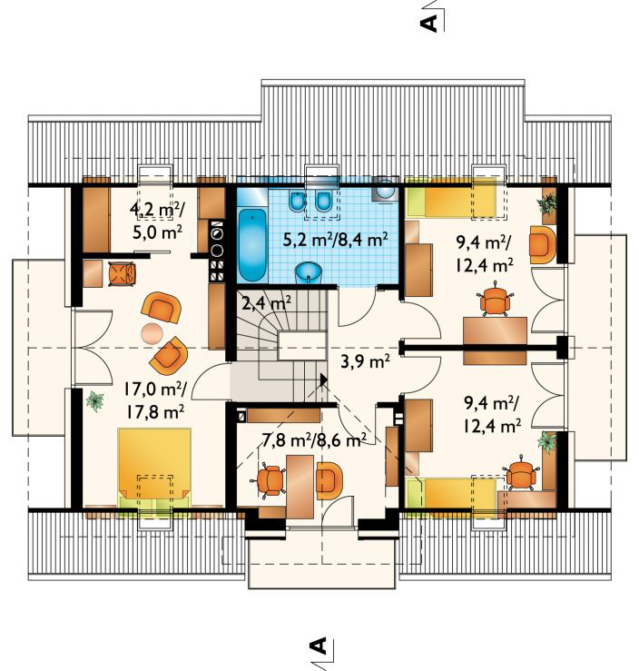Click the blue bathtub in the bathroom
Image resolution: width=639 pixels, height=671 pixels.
(251, 245)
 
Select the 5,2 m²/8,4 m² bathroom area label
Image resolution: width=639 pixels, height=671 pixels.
(335, 240)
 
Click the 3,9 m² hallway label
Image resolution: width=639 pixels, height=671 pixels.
(365, 362)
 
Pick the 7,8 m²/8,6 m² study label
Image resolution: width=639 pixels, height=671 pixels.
(313, 439)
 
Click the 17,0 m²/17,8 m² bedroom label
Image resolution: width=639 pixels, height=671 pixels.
(155, 400)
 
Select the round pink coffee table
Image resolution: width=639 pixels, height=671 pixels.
(152, 333)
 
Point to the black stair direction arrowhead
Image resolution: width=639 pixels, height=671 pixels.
(323, 380)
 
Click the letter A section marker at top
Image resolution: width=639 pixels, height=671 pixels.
(431, 23)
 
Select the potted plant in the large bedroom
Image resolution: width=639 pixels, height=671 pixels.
(95, 401)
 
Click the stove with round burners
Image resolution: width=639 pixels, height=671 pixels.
(217, 252)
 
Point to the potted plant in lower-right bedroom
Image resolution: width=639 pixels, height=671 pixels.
(547, 441)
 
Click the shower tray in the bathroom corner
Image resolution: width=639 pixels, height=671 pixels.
(385, 189)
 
